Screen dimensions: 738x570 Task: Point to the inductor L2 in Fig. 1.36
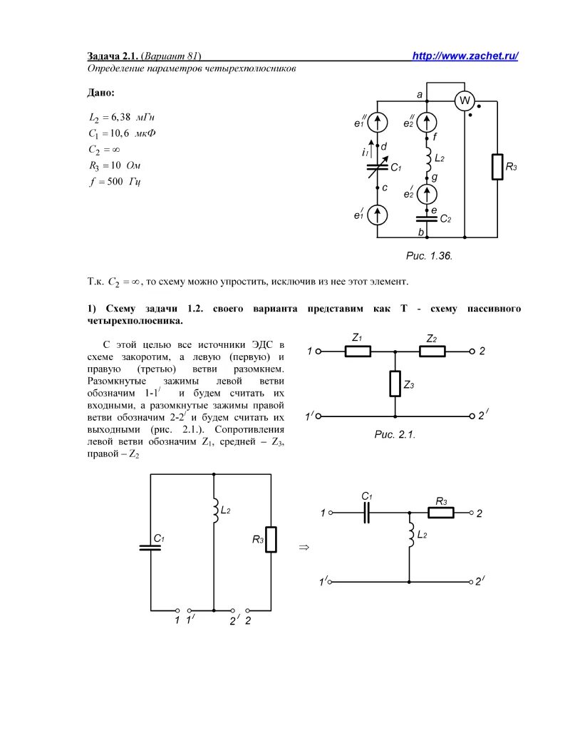pyautogui.click(x=427, y=160)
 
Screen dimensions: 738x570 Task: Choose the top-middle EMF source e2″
pyautogui.click(x=427, y=121)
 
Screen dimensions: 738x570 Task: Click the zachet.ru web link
pyautogui.click(x=465, y=56)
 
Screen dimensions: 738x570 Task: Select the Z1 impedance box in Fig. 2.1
pyautogui.click(x=358, y=351)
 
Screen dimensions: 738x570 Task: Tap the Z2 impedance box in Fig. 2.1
pyautogui.click(x=432, y=351)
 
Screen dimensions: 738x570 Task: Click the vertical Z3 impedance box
pyautogui.click(x=395, y=384)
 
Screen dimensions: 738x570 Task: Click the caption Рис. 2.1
pyautogui.click(x=394, y=434)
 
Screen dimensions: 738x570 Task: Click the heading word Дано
pyautogui.click(x=100, y=93)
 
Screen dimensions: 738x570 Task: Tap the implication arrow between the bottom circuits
pyautogui.click(x=302, y=548)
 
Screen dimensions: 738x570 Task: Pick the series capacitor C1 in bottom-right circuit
pyautogui.click(x=366, y=513)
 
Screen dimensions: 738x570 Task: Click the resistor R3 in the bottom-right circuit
pyautogui.click(x=441, y=513)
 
